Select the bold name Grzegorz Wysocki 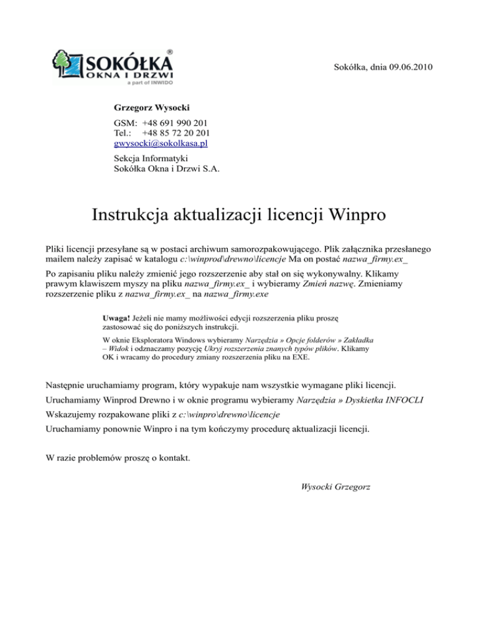pos(152,108)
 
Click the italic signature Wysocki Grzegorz pos(335,486)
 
